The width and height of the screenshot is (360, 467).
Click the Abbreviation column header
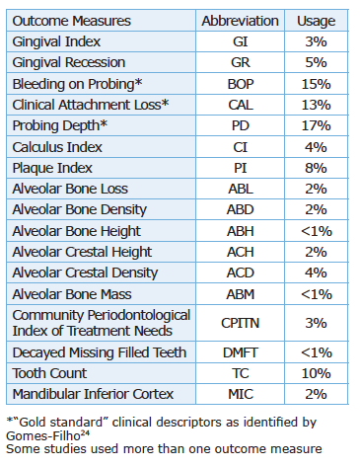point(240,21)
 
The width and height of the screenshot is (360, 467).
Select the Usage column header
point(316,22)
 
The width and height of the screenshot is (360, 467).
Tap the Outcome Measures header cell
point(72,21)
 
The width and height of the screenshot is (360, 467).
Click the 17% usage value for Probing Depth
point(316,125)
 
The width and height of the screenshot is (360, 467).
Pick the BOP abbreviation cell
point(241,84)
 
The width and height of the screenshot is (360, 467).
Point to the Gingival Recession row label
point(69,62)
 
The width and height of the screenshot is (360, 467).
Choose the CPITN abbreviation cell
point(240,323)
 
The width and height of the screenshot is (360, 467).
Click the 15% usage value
point(316,84)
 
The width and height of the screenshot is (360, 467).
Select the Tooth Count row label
point(49,373)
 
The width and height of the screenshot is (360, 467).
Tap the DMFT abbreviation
point(241,352)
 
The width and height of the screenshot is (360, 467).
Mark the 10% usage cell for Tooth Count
point(316,373)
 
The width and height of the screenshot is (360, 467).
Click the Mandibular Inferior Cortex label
point(93,394)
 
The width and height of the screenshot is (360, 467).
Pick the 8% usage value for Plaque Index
point(316,168)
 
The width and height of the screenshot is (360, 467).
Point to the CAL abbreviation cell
point(241,105)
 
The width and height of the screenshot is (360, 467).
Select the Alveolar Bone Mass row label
point(72,294)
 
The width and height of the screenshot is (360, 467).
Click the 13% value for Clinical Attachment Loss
point(316,105)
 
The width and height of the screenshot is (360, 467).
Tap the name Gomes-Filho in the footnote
point(43,436)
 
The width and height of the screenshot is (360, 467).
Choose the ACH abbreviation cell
point(241,252)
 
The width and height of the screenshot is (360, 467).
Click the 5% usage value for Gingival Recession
point(316,62)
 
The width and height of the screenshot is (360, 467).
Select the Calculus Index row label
point(57,147)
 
